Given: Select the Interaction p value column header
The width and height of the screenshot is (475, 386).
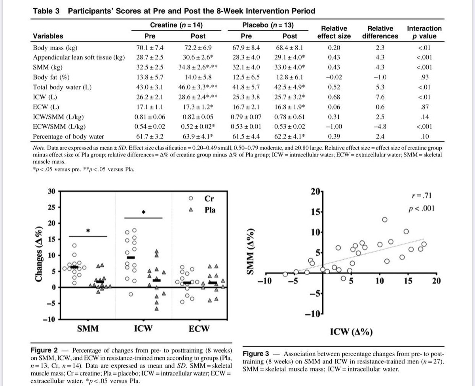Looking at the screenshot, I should [x=424, y=32].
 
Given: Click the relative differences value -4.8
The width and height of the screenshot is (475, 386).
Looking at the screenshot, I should [x=380, y=127].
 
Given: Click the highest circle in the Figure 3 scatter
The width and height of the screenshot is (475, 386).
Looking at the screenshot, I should [x=384, y=220].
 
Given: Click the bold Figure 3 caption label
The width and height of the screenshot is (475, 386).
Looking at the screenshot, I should [x=257, y=354].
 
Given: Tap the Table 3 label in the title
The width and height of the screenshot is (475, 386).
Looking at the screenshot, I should [x=46, y=11].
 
